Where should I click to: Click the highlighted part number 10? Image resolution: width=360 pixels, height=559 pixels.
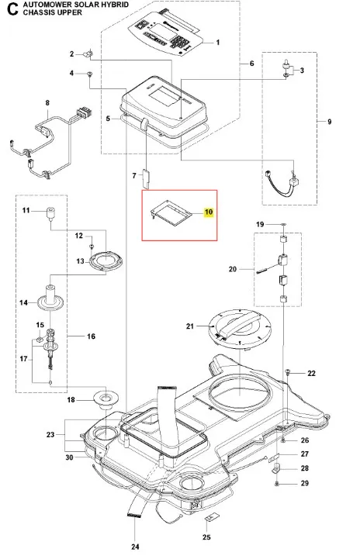tap(209, 212)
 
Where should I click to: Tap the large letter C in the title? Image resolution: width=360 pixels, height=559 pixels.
tap(13, 9)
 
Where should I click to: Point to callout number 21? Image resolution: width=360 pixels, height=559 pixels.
tap(190, 326)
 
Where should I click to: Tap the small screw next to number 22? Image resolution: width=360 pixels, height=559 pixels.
tap(287, 372)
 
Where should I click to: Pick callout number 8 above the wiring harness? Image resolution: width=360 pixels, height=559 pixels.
tap(47, 103)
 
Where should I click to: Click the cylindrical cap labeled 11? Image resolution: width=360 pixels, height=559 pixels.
tap(50, 212)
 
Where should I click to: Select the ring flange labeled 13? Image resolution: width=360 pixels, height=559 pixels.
tap(106, 261)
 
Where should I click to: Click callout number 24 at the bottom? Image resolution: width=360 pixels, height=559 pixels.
tap(135, 547)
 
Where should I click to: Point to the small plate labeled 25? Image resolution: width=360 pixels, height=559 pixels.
tap(210, 517)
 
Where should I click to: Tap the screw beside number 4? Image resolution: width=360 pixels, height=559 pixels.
tap(89, 74)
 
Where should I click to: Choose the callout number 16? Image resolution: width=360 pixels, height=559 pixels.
tap(91, 336)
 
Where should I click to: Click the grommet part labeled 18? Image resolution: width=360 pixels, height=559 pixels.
tap(106, 399)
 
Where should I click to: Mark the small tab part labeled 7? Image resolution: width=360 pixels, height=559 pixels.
tap(147, 178)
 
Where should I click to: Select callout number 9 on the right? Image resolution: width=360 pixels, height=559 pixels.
tap(329, 122)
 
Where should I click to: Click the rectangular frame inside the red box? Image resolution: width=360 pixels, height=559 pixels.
tap(171, 213)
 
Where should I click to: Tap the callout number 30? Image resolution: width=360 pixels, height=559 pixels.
tap(69, 457)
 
